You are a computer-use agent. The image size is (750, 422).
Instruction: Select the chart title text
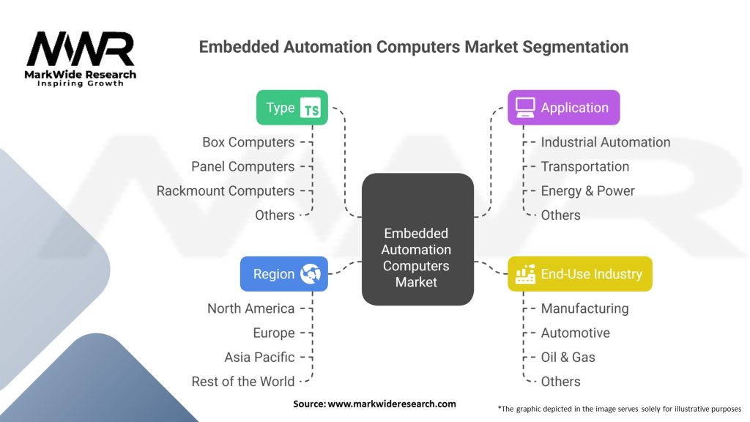pyautogui.click(x=413, y=47)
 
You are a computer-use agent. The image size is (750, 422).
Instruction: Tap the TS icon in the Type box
pyautogui.click(x=312, y=108)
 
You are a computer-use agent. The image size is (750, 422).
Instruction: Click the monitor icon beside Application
pyautogui.click(x=525, y=108)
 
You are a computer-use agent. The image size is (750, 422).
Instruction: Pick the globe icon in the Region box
pyautogui.click(x=311, y=274)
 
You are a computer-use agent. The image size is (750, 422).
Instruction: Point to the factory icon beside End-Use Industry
pyautogui.click(x=525, y=274)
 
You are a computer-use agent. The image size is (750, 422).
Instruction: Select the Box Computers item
pyautogui.click(x=248, y=142)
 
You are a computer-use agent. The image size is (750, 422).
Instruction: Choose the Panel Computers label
pyautogui.click(x=242, y=166)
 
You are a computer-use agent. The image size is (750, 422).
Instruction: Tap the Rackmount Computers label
pyautogui.click(x=226, y=190)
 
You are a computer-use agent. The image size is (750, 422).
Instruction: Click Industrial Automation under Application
pyautogui.click(x=605, y=142)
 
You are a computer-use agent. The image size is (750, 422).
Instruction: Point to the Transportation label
pyautogui.click(x=584, y=166)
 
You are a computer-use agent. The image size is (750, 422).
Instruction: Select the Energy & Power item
pyautogui.click(x=587, y=190)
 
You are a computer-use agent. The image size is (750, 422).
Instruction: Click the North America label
pyautogui.click(x=250, y=308)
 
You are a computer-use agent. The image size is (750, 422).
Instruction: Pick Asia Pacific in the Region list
pyautogui.click(x=259, y=357)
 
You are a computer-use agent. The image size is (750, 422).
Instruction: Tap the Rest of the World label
pyautogui.click(x=242, y=381)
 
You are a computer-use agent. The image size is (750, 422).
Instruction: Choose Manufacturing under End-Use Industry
pyautogui.click(x=584, y=308)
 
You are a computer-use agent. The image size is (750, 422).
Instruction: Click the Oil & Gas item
pyautogui.click(x=568, y=357)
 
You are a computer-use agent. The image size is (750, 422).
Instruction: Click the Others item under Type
pyautogui.click(x=275, y=215)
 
